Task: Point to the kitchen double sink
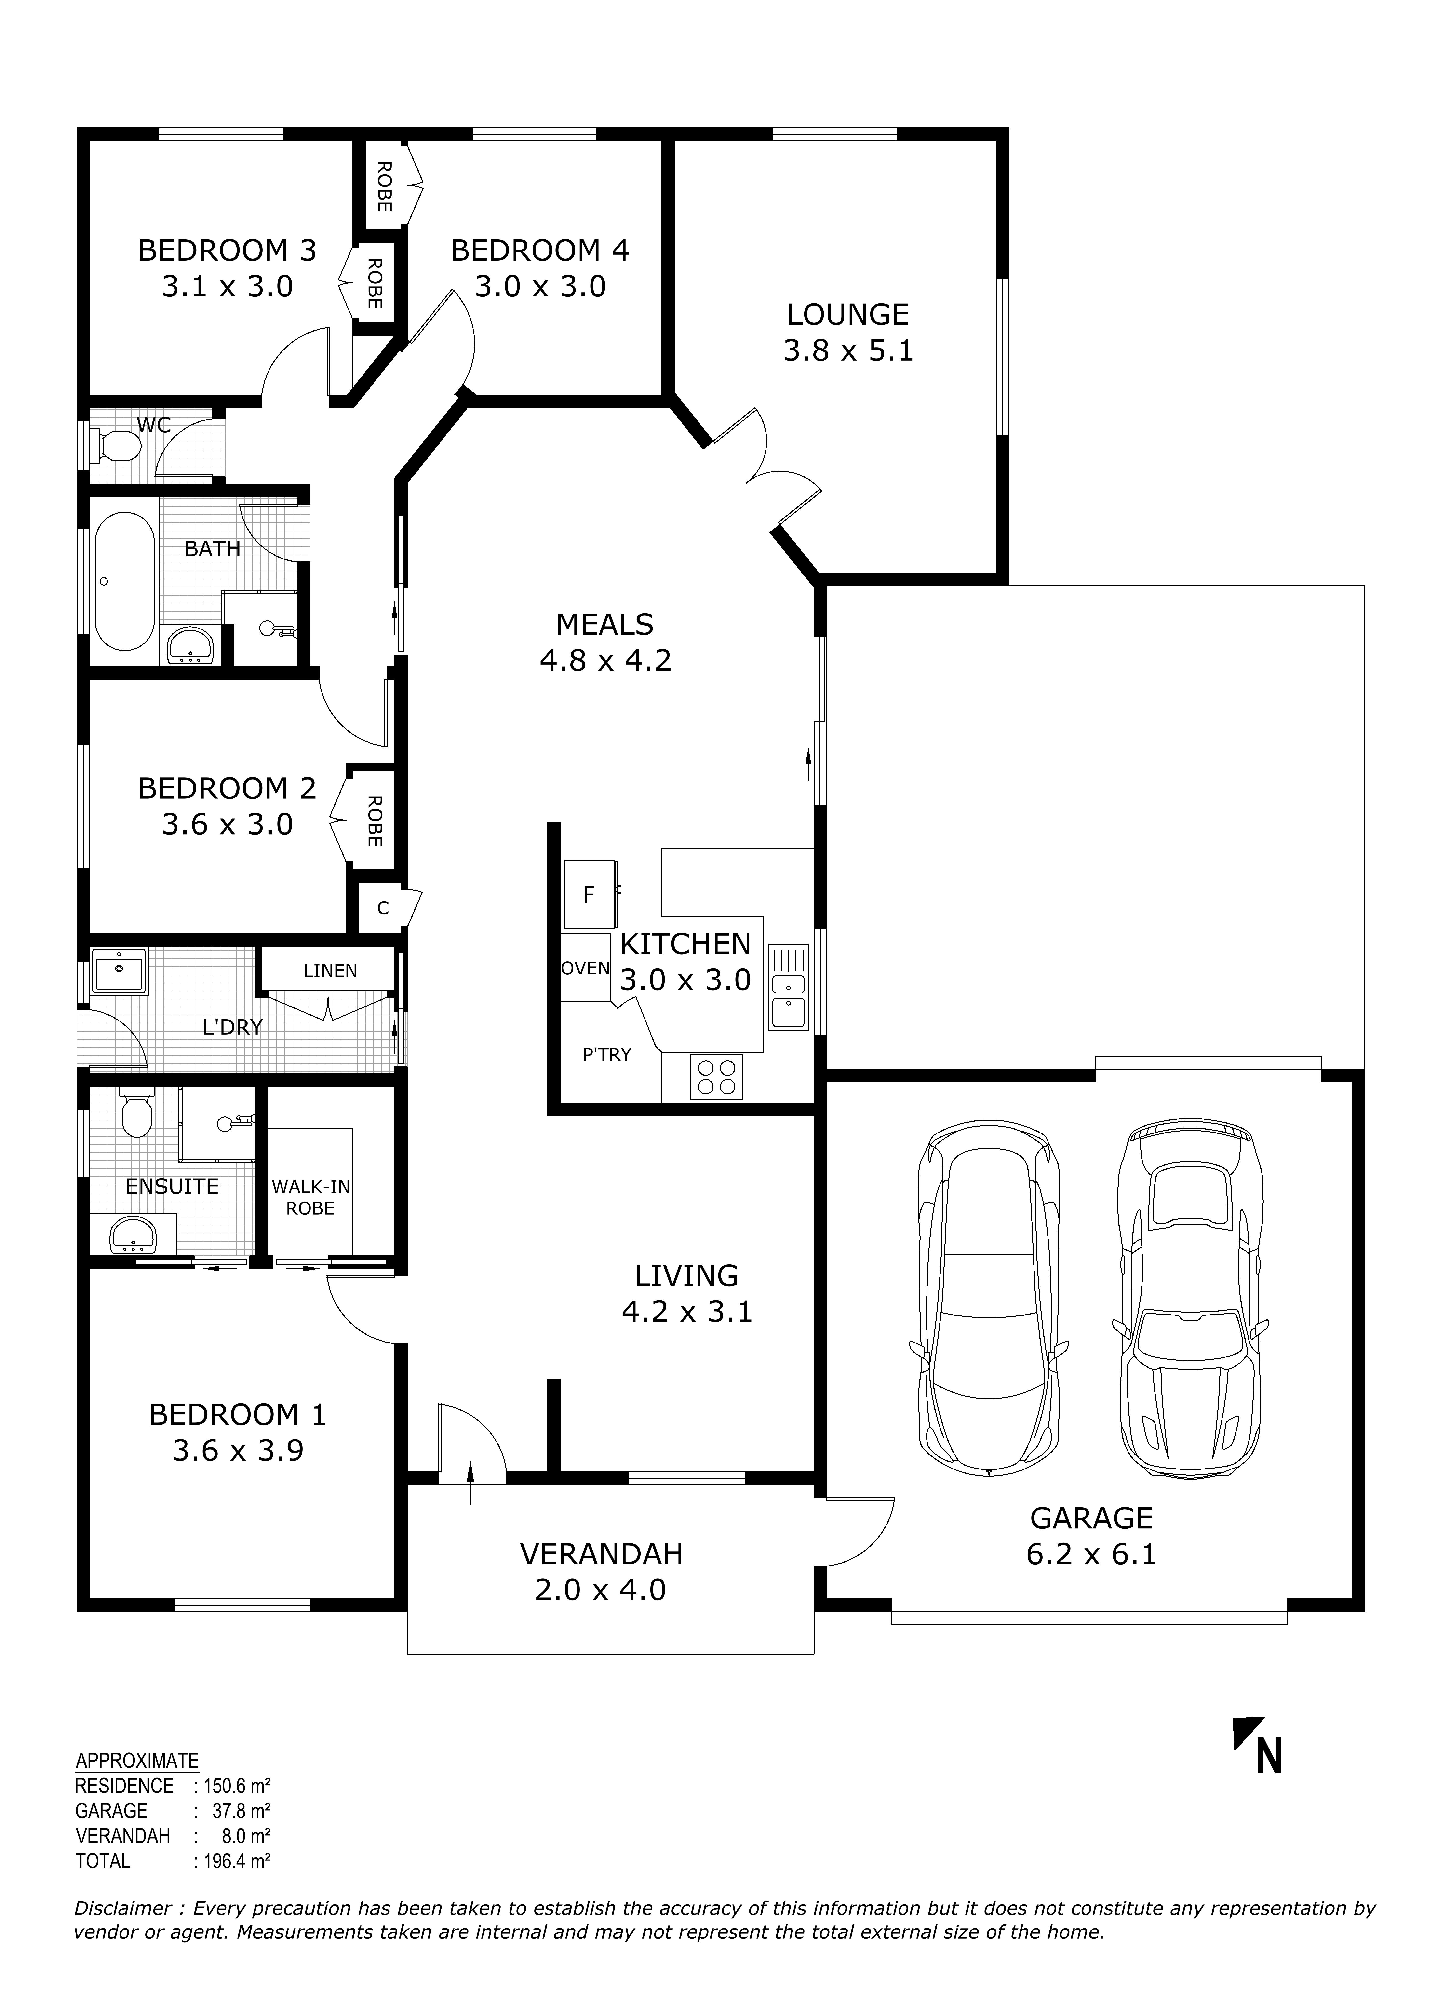788,987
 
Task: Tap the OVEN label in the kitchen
586,968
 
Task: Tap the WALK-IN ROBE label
310,1197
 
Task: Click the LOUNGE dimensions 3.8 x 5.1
848,351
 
